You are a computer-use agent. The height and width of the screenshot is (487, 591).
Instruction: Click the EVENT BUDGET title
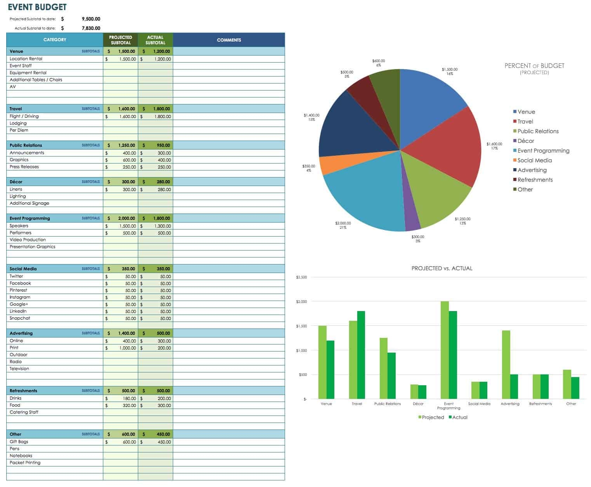[37, 7]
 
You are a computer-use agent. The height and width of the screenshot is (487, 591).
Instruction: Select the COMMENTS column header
[229, 40]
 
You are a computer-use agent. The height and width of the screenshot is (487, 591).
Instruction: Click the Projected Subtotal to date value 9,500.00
[91, 19]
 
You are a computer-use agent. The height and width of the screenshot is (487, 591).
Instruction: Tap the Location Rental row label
[26, 59]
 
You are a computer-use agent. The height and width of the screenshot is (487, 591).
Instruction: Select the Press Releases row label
[24, 167]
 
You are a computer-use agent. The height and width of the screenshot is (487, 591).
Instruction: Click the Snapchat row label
[20, 318]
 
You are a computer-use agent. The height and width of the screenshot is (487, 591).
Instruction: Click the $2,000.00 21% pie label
[343, 225]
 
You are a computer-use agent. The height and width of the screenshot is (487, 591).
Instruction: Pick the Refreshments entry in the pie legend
[535, 180]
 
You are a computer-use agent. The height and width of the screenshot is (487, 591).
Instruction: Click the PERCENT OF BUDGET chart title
[534, 66]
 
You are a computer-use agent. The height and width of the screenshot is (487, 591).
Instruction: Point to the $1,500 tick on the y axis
[301, 326]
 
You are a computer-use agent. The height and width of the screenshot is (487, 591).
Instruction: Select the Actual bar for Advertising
[514, 386]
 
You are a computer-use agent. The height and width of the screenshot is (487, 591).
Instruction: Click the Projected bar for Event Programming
[445, 350]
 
